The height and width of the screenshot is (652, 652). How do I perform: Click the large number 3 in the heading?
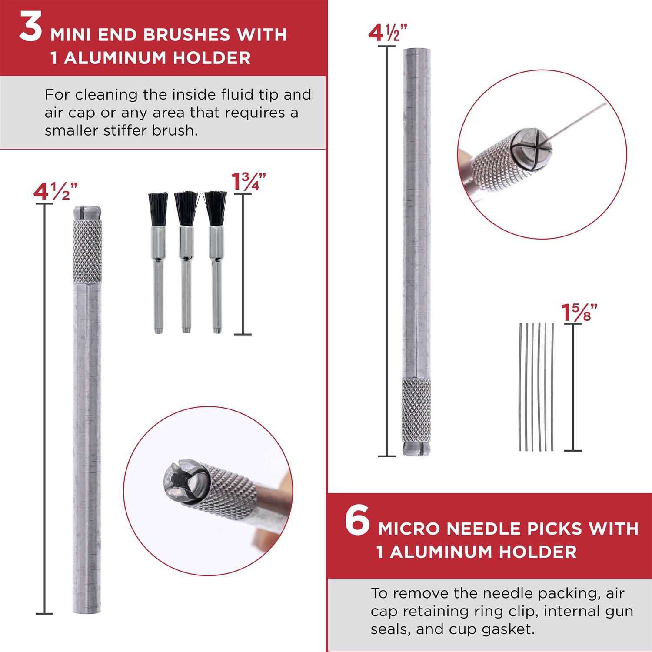(x=30, y=29)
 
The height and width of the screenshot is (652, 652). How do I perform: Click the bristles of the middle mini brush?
(x=186, y=209)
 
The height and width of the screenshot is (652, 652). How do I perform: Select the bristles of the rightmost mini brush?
(x=215, y=209)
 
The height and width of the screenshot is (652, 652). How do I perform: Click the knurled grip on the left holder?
(x=87, y=251)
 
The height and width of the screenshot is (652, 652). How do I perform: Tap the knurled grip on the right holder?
(x=416, y=410)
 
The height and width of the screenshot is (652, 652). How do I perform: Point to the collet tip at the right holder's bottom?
(x=416, y=449)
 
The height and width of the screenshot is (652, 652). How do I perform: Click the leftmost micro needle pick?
(x=520, y=387)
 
